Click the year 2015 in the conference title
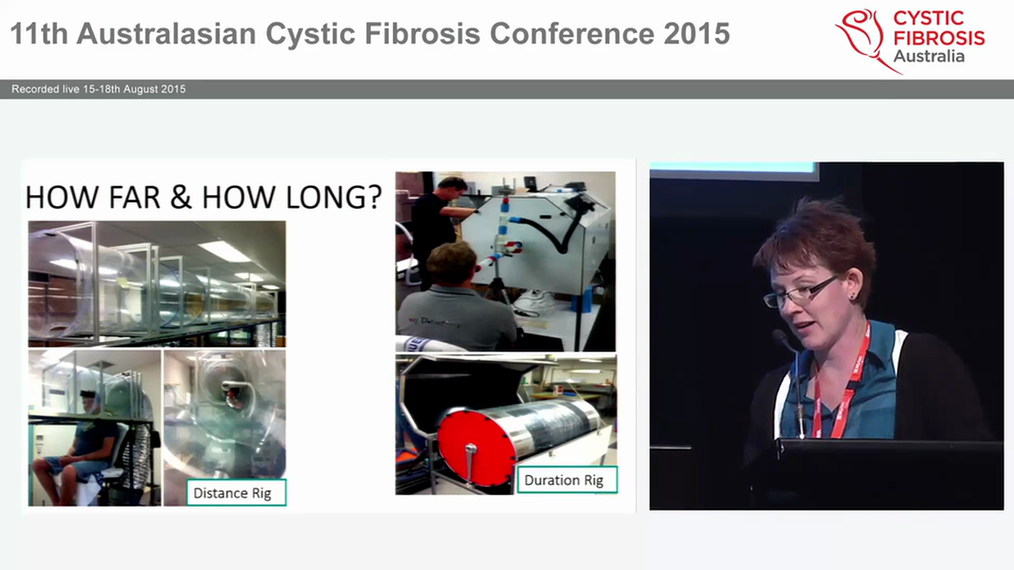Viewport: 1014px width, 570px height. pyautogui.click(x=694, y=33)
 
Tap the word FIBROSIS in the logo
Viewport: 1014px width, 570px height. pyautogui.click(x=939, y=37)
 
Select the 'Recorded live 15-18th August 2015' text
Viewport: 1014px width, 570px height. pyautogui.click(x=99, y=89)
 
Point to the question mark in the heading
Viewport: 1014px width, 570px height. pyautogui.click(x=374, y=196)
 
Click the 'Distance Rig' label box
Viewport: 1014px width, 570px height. pyautogui.click(x=232, y=493)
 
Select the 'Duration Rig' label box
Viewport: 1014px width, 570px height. pyautogui.click(x=564, y=480)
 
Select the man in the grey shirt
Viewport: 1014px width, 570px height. pyautogui.click(x=456, y=305)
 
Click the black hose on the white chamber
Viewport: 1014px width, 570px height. pyautogui.click(x=555, y=230)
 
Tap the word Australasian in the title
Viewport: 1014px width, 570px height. pyautogui.click(x=166, y=33)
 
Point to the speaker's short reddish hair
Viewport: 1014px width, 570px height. pyautogui.click(x=816, y=237)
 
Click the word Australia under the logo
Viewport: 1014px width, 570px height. pyautogui.click(x=928, y=56)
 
